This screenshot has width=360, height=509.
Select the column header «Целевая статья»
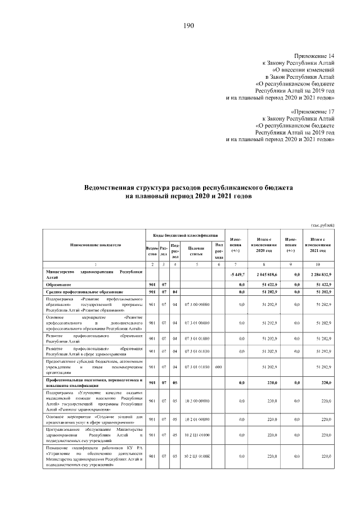pos(196,251)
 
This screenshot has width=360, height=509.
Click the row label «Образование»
pos(58,285)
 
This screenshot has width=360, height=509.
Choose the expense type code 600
pos(219,367)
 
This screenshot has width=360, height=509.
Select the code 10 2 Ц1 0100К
pos(196,456)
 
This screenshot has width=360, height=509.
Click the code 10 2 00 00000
pos(196,400)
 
